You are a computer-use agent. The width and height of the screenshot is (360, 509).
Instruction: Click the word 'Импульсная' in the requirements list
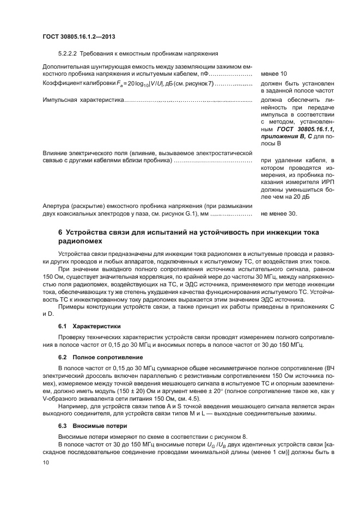[60, 101]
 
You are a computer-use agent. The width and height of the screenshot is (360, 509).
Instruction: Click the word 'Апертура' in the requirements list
[56, 206]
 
